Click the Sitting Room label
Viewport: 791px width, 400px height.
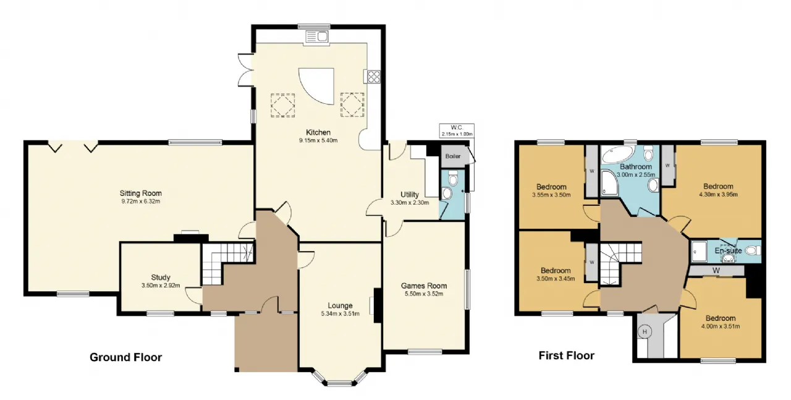140,194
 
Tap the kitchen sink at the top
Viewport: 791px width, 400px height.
317,36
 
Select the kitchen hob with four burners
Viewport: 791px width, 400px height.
374,77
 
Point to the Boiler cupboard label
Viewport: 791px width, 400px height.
453,156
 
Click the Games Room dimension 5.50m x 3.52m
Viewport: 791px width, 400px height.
424,294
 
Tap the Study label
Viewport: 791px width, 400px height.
161,278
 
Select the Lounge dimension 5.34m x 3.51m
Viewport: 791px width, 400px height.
340,313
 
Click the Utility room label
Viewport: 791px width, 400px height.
410,194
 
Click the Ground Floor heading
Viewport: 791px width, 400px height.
125,357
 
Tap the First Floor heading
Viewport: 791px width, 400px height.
567,355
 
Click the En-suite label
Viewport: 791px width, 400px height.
728,250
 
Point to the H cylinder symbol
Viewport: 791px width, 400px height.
645,331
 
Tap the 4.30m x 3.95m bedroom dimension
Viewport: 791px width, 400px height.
718,194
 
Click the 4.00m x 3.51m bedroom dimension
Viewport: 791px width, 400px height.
721,326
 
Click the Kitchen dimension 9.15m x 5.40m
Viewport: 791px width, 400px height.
318,140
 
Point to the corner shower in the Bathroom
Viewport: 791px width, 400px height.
610,182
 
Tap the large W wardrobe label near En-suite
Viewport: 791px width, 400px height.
716,271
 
